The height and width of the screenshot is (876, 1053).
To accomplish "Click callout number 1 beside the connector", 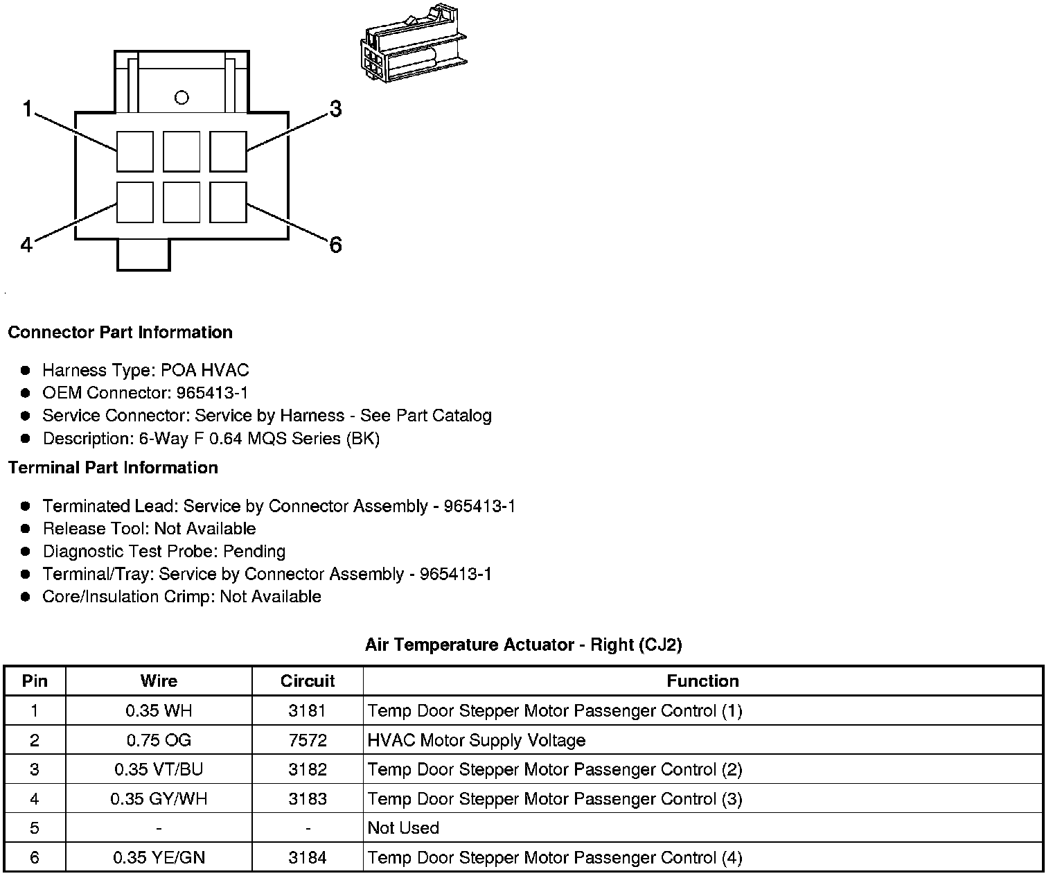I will (27, 109).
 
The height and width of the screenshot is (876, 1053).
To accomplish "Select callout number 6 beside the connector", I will (335, 245).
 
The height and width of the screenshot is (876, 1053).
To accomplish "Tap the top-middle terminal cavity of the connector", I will (182, 151).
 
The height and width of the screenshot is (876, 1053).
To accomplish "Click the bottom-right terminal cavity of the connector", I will (228, 202).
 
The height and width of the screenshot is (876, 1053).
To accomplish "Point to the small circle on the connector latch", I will (182, 98).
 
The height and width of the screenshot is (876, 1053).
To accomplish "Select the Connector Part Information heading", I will (120, 332).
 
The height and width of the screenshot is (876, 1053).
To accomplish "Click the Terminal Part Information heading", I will (113, 468).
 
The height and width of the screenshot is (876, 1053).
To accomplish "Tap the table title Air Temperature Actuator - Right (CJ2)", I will (523, 645).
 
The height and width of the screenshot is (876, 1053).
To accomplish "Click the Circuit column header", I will (308, 681).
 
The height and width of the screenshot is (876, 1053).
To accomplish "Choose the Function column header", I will (702, 681).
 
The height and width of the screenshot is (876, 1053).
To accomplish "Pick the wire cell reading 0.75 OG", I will (159, 740).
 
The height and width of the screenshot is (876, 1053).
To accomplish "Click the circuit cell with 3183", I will (308, 799).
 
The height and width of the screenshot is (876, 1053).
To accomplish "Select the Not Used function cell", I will (403, 828).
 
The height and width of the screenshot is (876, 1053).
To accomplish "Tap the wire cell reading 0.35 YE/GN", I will (159, 858).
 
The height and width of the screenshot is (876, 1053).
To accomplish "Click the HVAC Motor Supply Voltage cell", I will (477, 740).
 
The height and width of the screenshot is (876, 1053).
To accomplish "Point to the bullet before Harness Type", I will (26, 370).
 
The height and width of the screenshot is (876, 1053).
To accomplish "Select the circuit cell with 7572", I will (308, 740).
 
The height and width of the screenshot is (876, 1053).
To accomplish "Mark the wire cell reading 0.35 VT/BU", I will (159, 769).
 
